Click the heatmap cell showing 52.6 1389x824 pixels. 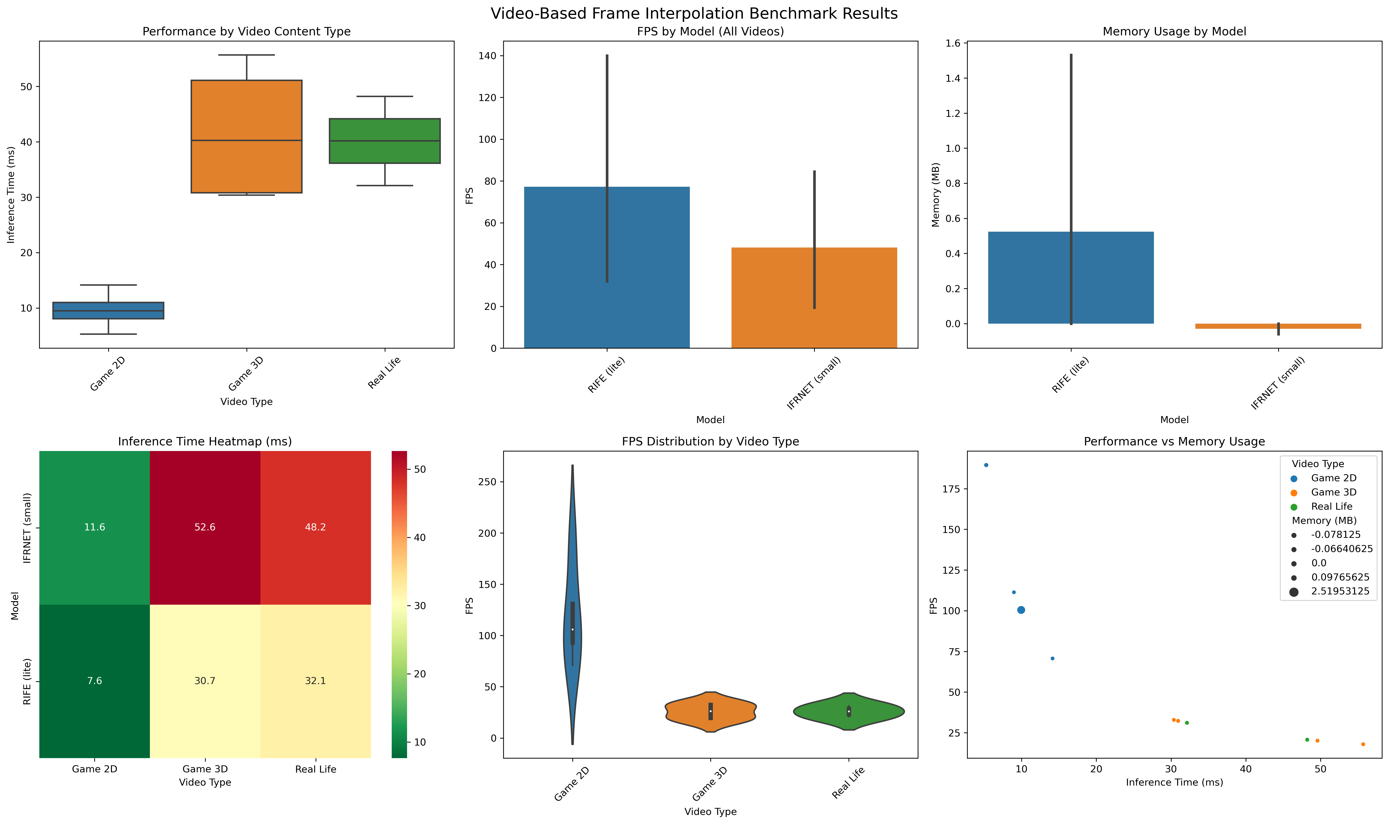point(205,528)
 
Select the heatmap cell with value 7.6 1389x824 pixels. point(94,681)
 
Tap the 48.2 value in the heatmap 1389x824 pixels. point(315,528)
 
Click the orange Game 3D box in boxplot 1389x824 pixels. point(246,137)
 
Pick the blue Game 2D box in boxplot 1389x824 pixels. point(108,310)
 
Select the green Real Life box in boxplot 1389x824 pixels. point(384,141)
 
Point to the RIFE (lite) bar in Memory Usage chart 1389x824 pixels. point(1071,278)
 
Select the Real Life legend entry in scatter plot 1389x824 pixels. point(1331,506)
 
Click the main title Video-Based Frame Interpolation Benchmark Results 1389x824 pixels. point(694,13)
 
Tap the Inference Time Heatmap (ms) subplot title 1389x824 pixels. point(205,441)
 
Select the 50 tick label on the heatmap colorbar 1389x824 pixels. point(420,469)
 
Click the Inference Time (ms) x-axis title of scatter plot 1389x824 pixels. point(1174,782)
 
